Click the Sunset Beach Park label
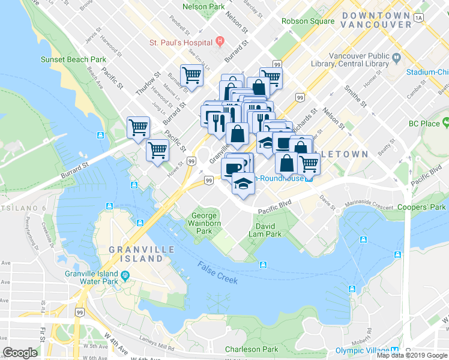point(73,59)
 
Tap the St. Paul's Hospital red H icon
point(220,42)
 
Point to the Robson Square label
point(308,21)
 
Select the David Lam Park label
point(265,230)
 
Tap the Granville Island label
point(142,254)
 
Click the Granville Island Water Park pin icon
point(124,276)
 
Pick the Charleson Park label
point(252,349)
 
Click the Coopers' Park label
point(422,208)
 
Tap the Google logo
point(20,352)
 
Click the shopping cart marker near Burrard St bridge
point(138,128)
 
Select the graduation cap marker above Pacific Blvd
point(243,184)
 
